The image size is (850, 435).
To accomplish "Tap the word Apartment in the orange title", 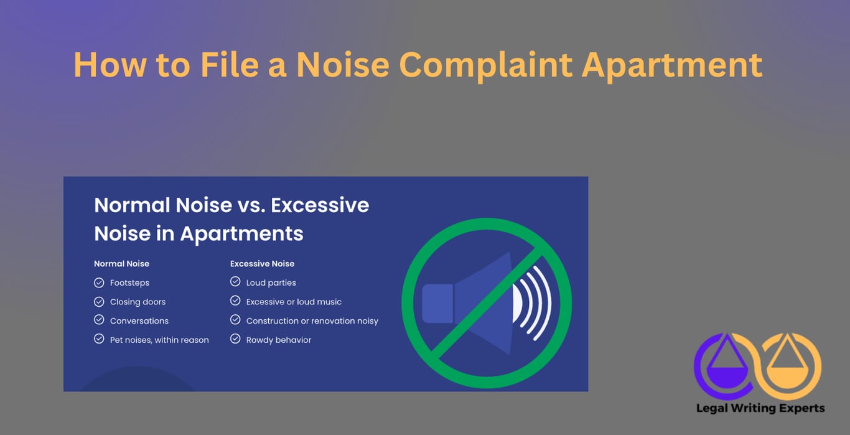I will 672,65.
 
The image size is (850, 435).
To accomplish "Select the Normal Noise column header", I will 121,264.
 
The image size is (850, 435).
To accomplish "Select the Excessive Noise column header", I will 262,264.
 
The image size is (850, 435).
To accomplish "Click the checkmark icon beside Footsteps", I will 99,283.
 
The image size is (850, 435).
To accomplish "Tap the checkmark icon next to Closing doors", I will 99,302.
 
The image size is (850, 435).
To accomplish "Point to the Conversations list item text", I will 139,321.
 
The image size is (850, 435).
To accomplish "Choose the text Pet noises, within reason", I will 159,340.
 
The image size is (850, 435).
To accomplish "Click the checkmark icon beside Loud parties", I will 235,282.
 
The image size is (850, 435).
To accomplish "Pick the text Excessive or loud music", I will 294,302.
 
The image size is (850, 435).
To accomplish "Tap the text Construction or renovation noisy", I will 312,321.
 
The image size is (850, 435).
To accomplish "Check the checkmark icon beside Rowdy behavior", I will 235,339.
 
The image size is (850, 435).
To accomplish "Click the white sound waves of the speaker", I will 534,303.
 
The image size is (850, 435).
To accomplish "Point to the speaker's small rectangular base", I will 437,304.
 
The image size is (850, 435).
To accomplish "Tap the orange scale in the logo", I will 792,365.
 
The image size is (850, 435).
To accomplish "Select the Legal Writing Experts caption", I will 760,408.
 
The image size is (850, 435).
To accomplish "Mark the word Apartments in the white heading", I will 241,234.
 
